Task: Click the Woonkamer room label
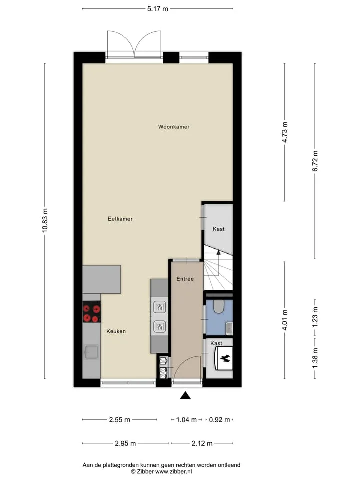(x=174, y=126)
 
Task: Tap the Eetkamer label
(x=120, y=219)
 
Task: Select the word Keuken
(x=116, y=331)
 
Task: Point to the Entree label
(x=185, y=279)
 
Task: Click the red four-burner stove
(x=92, y=312)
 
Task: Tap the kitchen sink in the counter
(x=91, y=352)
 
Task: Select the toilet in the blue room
(x=219, y=306)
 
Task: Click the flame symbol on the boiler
(x=226, y=358)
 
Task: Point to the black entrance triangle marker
(x=185, y=396)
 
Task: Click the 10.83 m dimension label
(x=45, y=220)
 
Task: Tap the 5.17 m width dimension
(x=157, y=9)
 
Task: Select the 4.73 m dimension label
(x=284, y=132)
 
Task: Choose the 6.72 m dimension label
(x=315, y=161)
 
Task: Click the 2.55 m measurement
(x=119, y=419)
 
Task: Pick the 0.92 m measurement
(x=219, y=419)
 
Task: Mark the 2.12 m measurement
(x=202, y=443)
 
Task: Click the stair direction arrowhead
(x=218, y=252)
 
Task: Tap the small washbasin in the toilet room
(x=229, y=328)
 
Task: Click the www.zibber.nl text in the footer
(x=173, y=471)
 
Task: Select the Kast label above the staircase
(x=219, y=229)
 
